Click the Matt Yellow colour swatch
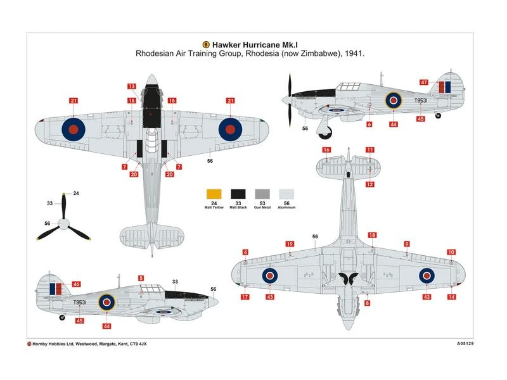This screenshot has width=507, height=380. (214, 195)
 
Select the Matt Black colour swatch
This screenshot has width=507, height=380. (238, 195)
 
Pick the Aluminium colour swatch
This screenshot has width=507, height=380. (286, 195)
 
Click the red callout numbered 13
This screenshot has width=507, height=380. (132, 86)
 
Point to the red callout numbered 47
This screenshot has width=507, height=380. (424, 82)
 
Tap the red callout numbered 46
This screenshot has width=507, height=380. (77, 284)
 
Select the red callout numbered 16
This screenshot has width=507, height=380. (326, 150)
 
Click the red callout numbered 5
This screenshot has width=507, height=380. (141, 278)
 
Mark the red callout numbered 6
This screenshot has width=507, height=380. (369, 125)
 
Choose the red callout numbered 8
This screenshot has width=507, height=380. (367, 303)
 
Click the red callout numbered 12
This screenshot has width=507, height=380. (369, 184)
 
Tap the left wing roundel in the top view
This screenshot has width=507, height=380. (74, 129)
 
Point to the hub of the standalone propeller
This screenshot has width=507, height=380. (63, 223)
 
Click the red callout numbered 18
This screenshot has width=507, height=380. (372, 235)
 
